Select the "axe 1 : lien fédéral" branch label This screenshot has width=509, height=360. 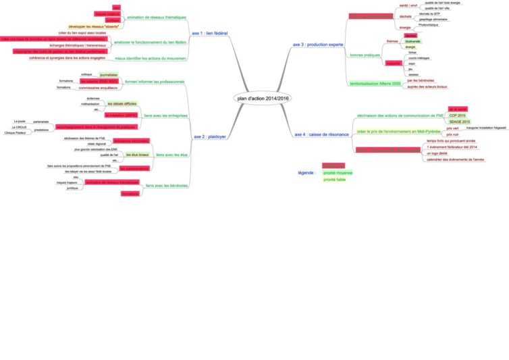click(209, 32)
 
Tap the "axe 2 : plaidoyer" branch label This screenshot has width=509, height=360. click(210, 136)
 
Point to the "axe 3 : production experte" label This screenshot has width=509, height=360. click(318, 45)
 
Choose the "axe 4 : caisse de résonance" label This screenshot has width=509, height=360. click(321, 134)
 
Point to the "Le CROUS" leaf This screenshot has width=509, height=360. click(19, 127)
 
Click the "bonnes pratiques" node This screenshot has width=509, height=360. click(365, 55)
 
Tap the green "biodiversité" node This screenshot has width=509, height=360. click(412, 41)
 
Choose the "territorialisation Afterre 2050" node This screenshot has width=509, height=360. click(375, 84)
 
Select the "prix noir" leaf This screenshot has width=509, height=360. click(434, 134)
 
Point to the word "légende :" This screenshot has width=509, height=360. click(307, 172)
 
